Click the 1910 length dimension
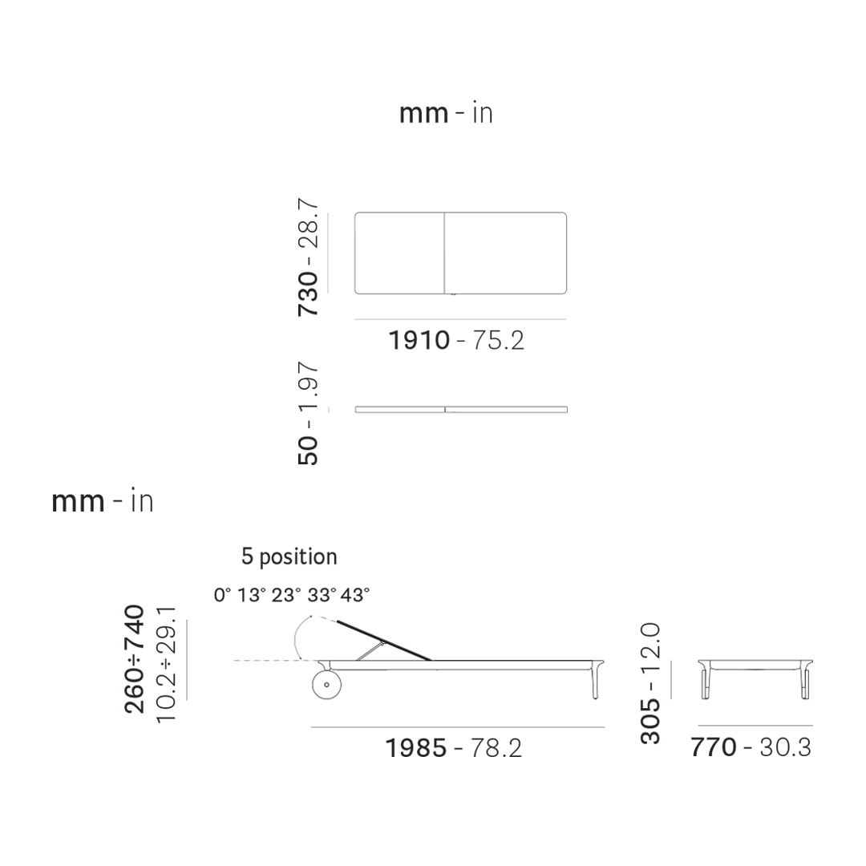419,340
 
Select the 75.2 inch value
498,340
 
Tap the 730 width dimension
308,293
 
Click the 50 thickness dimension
308,451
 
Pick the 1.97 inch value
308,386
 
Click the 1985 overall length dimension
416,748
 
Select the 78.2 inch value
496,748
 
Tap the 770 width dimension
714,747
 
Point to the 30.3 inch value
785,747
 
